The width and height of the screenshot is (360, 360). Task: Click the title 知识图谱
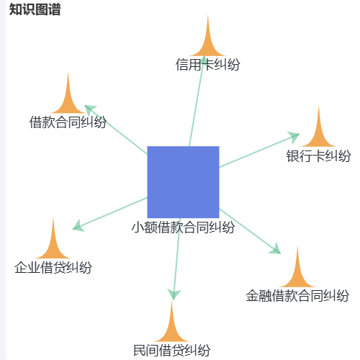35,9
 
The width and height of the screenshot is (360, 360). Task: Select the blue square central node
183,182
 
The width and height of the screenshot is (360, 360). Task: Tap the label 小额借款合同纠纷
183,227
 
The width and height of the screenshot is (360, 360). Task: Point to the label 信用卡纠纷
208,65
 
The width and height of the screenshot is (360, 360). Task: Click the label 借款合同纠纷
68,122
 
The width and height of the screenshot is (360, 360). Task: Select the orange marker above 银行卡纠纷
318,130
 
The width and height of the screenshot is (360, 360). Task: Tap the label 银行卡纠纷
318,156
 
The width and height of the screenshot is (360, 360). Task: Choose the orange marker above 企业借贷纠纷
53,242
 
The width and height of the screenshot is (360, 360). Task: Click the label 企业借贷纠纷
53,267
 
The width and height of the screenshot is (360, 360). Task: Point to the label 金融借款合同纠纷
297,295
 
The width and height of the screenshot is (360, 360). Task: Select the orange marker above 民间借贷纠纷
171,325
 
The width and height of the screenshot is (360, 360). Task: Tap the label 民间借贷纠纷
171,350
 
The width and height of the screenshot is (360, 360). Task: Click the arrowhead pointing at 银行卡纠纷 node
293,137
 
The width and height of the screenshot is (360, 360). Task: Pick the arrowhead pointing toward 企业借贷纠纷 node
78,226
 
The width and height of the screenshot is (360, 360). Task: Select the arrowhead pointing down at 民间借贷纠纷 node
174,294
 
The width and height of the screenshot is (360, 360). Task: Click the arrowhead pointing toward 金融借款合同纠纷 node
275,249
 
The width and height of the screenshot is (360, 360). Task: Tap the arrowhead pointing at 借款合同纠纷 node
90,109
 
